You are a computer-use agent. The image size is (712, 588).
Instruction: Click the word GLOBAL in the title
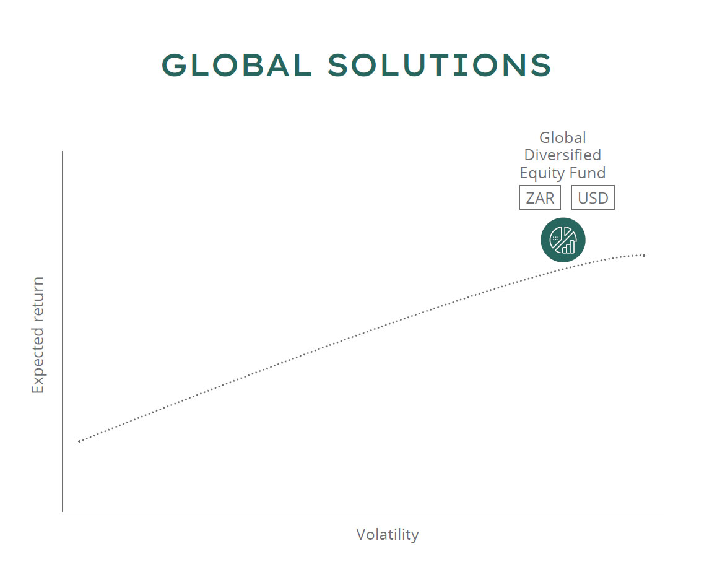click(237, 65)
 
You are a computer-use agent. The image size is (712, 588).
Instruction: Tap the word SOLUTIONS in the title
click(440, 65)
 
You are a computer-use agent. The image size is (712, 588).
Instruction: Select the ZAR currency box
click(540, 197)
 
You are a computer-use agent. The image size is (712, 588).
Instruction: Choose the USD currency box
click(593, 197)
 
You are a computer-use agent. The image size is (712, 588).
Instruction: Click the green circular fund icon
click(563, 240)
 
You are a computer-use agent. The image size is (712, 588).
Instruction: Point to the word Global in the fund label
click(563, 137)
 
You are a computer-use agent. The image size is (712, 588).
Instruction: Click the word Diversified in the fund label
click(563, 155)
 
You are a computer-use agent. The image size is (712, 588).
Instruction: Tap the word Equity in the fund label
click(542, 173)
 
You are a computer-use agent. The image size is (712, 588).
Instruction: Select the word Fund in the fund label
click(588, 173)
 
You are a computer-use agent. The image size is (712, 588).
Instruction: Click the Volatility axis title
click(388, 534)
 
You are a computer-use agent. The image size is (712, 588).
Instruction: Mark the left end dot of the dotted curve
click(79, 441)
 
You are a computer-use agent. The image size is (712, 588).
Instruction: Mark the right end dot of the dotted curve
click(644, 255)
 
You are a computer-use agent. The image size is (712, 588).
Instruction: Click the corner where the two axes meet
click(62, 512)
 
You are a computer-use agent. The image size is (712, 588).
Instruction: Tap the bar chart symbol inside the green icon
click(568, 246)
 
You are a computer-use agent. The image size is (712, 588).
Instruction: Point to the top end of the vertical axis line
click(62, 151)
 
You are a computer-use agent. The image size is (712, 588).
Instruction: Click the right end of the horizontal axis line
click(664, 512)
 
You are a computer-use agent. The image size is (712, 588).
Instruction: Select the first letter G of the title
click(175, 65)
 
